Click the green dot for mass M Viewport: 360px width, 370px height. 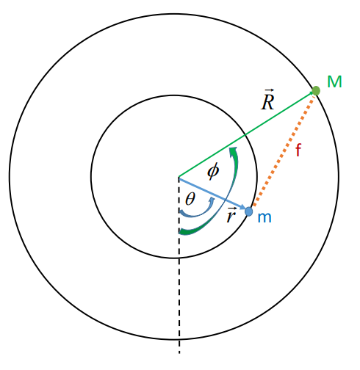[316, 91]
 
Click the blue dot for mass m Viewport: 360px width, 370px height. [249, 211]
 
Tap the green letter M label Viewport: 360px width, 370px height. [334, 81]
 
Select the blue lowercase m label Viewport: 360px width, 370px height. [264, 217]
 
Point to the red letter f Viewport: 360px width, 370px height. [298, 150]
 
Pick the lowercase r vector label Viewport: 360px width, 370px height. [231, 215]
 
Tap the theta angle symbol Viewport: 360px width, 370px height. [190, 198]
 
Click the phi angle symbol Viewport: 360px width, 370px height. [213, 171]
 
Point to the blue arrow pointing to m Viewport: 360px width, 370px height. [212, 193]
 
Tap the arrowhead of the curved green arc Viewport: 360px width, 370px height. [233, 150]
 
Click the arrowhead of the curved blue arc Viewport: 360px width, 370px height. [212, 200]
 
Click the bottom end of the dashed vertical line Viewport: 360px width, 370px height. [179, 353]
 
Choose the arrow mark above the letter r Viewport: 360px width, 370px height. [231, 208]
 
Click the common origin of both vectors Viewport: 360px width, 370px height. [179, 177]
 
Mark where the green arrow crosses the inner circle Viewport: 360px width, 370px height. [245, 134]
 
